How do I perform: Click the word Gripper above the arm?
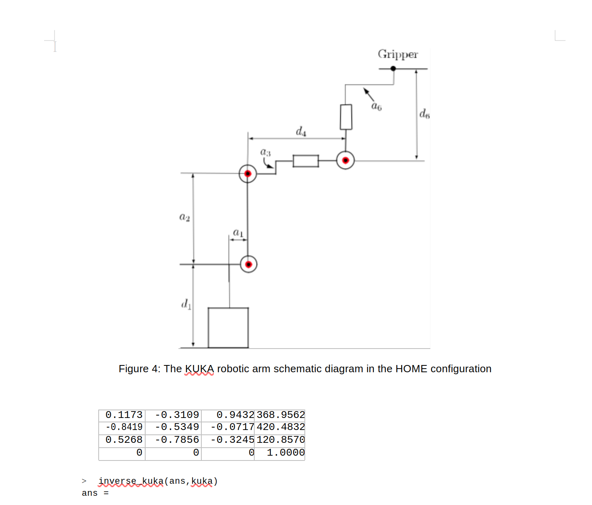pos(397,54)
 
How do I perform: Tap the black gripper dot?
pos(393,69)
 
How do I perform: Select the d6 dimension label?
pos(424,114)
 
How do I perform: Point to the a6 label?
pos(377,106)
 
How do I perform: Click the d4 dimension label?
pos(301,131)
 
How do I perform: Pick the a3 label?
pos(266,152)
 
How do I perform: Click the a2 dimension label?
pos(184,217)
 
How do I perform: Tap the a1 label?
pos(238,232)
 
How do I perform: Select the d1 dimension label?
pos(186,304)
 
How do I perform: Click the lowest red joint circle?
pos(249,264)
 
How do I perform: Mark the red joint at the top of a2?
pos(247,174)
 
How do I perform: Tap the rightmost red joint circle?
pos(345,160)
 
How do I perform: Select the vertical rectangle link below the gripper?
pos(346,117)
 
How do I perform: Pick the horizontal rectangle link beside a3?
pos(306,161)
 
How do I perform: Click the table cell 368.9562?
pos(280,415)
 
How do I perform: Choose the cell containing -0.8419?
pos(124,427)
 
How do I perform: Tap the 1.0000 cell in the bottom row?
pos(285,453)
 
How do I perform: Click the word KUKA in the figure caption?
pos(199,369)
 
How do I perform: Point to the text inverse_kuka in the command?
pos(131,481)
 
